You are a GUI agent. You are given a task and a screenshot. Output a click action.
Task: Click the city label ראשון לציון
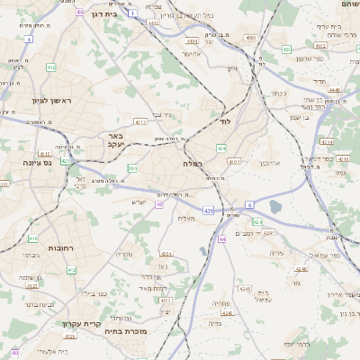pos(36,101)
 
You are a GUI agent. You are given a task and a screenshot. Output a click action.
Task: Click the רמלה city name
pos(194,164)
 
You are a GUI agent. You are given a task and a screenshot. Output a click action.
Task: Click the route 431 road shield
pos(208,211)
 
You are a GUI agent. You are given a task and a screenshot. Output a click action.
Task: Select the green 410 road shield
pos(32,238)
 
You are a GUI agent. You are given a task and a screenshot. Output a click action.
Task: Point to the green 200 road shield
pos(132,167)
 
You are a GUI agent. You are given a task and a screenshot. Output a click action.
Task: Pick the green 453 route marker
pos(249,38)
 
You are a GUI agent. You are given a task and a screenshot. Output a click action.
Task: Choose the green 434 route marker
pos(221,148)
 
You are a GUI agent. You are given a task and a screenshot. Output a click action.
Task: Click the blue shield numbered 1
pos(133,13)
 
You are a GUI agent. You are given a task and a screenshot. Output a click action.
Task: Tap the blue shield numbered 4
pos(29,40)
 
